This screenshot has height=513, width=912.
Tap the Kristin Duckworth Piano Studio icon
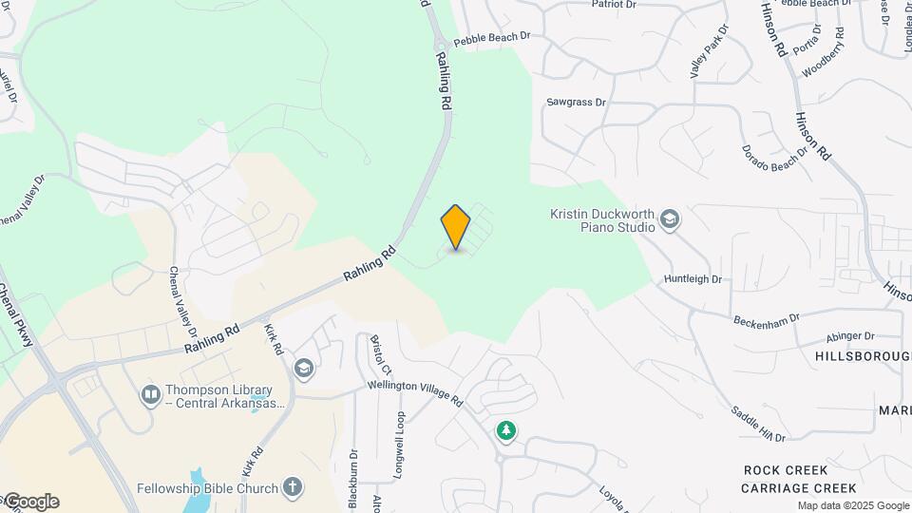click(x=670, y=220)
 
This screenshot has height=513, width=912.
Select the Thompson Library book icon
click(x=150, y=394)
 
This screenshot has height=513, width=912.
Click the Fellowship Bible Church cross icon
click(x=294, y=488)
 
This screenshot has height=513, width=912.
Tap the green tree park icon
click(x=507, y=431)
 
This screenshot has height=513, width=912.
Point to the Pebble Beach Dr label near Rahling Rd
click(x=491, y=40)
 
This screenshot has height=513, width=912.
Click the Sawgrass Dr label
click(x=576, y=102)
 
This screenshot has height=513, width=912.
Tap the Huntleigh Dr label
click(x=693, y=279)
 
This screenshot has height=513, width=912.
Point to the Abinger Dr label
click(x=849, y=335)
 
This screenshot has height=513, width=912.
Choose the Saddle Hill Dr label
click(x=757, y=424)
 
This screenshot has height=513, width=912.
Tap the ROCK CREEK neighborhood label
click(x=787, y=470)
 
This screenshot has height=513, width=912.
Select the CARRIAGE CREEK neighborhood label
click(x=787, y=488)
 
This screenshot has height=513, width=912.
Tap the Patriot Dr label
click(x=614, y=4)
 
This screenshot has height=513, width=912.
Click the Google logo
click(x=30, y=502)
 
